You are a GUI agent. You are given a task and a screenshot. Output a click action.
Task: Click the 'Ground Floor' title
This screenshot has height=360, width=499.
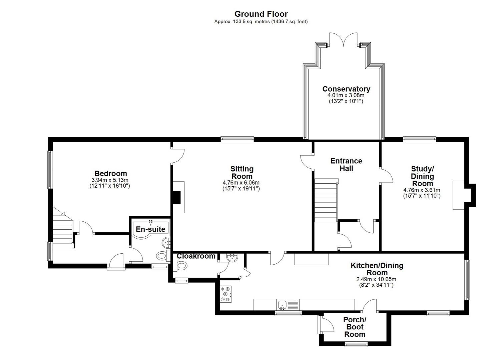coord(261,14)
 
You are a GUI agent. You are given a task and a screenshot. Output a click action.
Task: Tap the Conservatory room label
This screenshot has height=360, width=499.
coord(346,89)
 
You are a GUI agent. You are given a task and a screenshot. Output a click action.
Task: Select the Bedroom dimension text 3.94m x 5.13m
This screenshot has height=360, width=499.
coord(110,180)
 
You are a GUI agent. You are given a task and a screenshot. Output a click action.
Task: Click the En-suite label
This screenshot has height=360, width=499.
coord(150,229)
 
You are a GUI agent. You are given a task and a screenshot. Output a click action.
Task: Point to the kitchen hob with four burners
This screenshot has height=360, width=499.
coord(226,294)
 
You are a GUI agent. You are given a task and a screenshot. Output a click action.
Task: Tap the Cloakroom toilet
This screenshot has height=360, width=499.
coord(180,266)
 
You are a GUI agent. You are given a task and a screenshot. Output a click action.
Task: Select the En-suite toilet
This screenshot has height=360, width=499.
coord(163,256)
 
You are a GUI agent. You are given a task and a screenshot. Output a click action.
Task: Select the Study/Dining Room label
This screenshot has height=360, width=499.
coord(422,176)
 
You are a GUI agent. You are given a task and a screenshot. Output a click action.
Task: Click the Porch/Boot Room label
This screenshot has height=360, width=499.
coord(355,327)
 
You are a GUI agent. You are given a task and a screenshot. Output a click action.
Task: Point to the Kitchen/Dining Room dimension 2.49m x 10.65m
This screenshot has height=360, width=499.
coord(376,279)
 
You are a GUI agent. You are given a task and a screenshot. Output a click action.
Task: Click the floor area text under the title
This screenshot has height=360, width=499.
coord(261,22)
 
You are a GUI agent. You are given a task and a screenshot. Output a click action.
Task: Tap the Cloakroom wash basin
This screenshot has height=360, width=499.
coord(232,257)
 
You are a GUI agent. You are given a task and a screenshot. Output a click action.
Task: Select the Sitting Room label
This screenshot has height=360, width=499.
coord(242,173)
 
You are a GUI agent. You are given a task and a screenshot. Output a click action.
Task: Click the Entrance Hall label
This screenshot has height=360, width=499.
coord(346,165)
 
